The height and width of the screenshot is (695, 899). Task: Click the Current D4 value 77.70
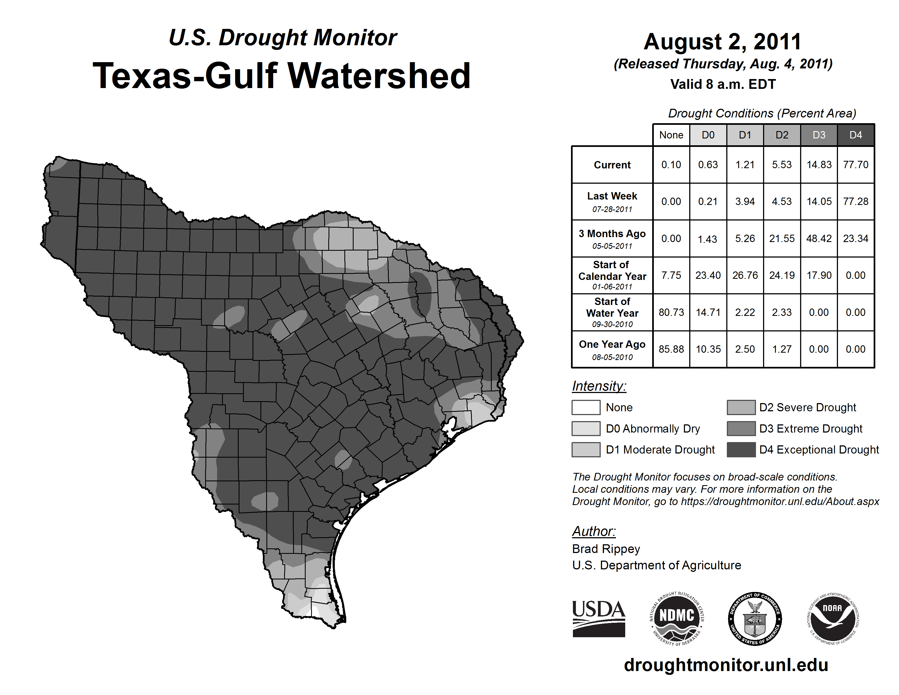(x=855, y=165)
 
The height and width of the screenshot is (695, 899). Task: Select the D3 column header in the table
(x=819, y=135)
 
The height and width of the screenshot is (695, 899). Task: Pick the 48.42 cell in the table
(x=819, y=238)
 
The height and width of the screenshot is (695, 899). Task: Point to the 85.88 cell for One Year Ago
(x=671, y=349)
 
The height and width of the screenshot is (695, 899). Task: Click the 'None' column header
(x=671, y=135)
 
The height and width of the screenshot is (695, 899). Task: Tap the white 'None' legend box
(x=586, y=407)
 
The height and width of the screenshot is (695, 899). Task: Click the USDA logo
(x=599, y=618)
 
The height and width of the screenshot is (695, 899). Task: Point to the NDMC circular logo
(x=677, y=618)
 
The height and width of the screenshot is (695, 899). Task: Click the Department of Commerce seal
(x=755, y=618)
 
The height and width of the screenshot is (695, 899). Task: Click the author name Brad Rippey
(x=606, y=549)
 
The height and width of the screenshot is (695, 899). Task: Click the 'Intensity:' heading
(x=599, y=386)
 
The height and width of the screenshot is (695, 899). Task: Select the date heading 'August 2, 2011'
(x=722, y=42)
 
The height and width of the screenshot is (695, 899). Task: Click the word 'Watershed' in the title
(x=379, y=76)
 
